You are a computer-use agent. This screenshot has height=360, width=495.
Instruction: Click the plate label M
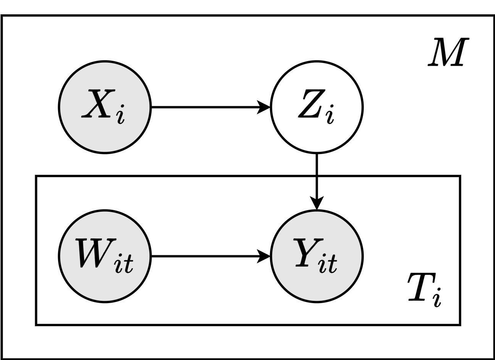click(445, 52)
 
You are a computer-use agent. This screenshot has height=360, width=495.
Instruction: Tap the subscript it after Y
click(329, 264)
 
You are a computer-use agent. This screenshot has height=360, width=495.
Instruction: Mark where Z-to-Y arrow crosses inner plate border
click(317, 176)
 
